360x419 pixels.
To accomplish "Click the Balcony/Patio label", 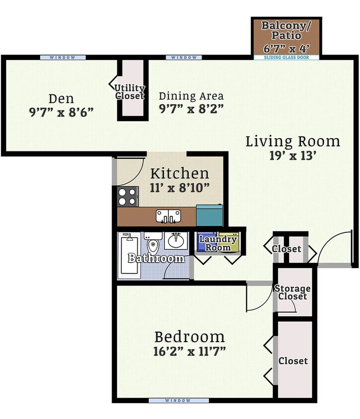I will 286,30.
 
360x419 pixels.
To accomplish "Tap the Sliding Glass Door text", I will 286,58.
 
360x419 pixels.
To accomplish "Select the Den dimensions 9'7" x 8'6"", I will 61,112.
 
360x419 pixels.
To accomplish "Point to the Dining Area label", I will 191,96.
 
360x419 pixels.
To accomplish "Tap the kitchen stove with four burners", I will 128,196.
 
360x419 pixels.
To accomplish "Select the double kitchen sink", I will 168,216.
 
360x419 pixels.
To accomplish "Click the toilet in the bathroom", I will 154,243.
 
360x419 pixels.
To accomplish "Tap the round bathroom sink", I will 175,241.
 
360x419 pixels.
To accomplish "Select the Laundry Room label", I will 217,243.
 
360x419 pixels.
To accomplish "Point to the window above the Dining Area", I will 184,58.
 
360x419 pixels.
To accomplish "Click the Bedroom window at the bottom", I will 177,400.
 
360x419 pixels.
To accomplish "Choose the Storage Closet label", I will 293,292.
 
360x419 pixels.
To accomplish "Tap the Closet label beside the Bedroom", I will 293,361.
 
